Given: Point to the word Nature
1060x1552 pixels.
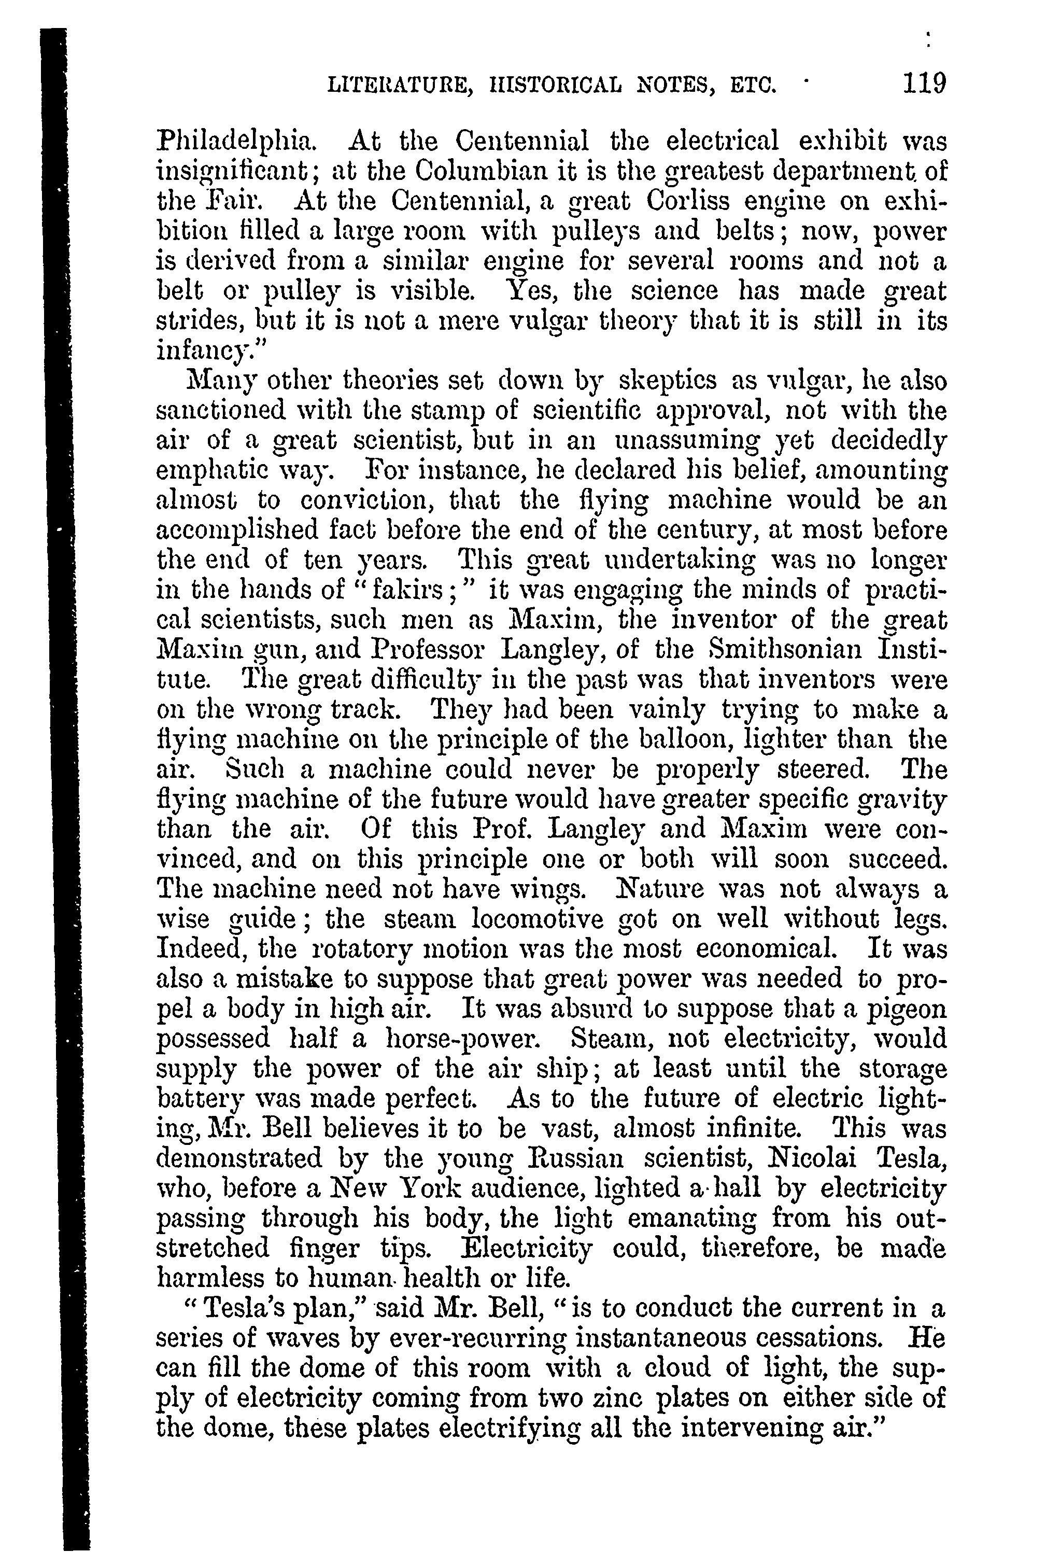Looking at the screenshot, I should (x=674, y=889).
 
